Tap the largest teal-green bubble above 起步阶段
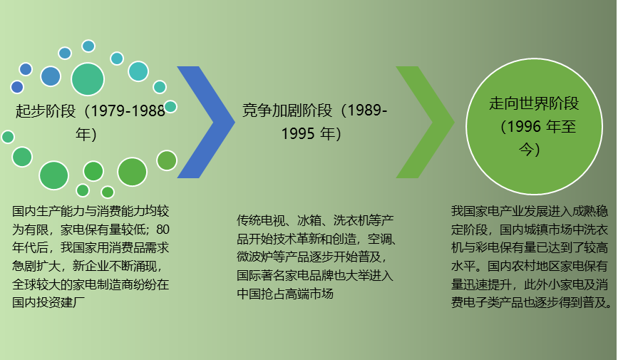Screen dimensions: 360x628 (x=88, y=79)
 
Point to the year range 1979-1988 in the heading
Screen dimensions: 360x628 (x=128, y=110)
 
